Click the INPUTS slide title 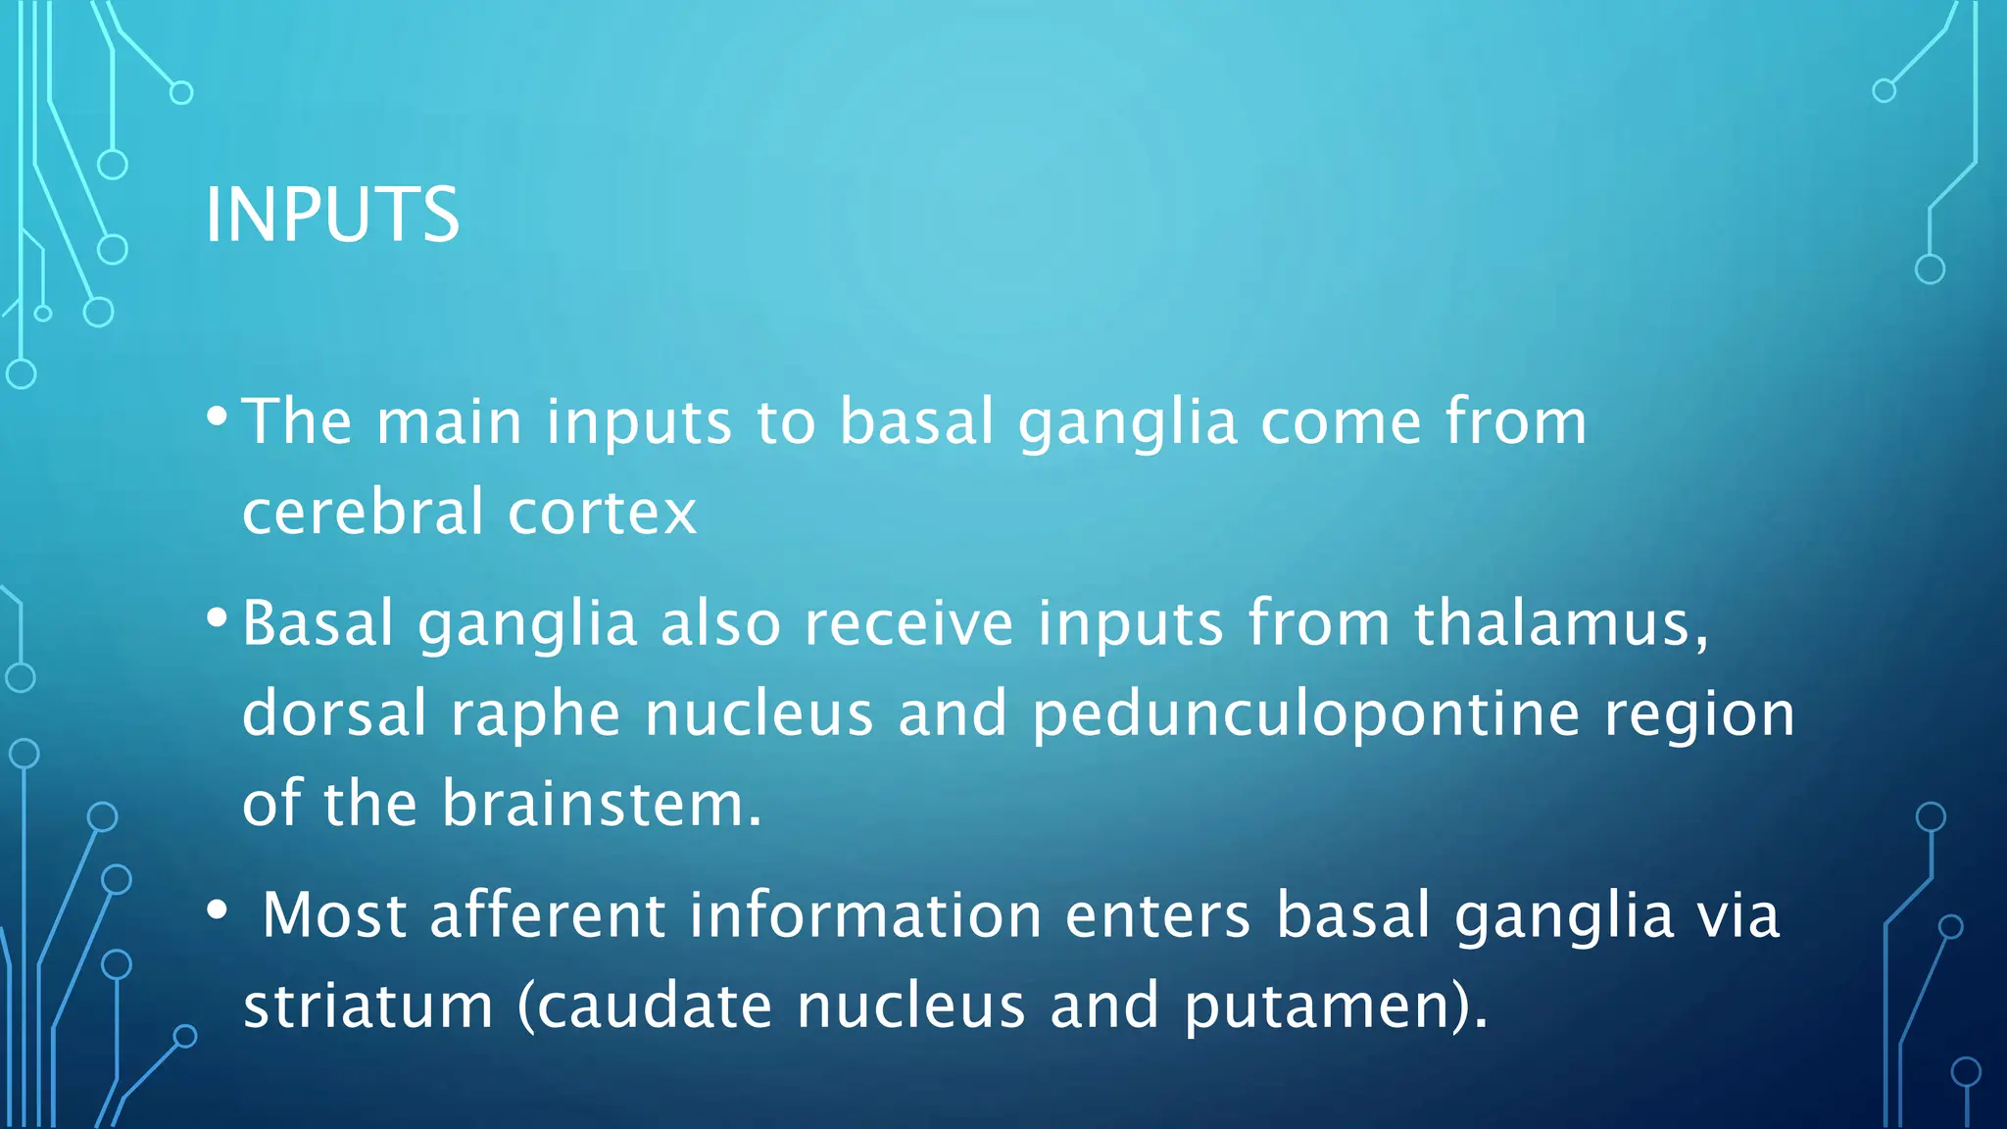(x=331, y=215)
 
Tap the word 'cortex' (x=602, y=512)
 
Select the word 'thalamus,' (x=1561, y=623)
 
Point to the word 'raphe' (x=535, y=714)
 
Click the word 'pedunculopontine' (x=1306, y=714)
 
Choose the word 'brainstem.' (x=601, y=804)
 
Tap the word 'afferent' (x=548, y=915)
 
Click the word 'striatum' (x=368, y=1006)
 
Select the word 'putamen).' (x=1336, y=1006)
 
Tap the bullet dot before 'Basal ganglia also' (x=218, y=618)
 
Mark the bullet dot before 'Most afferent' (x=218, y=910)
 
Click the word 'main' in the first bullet (x=449, y=422)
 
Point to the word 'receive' (x=908, y=623)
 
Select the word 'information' (x=865, y=915)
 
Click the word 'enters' (x=1157, y=915)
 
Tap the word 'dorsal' (x=334, y=712)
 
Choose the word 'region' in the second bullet (x=1699, y=714)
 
